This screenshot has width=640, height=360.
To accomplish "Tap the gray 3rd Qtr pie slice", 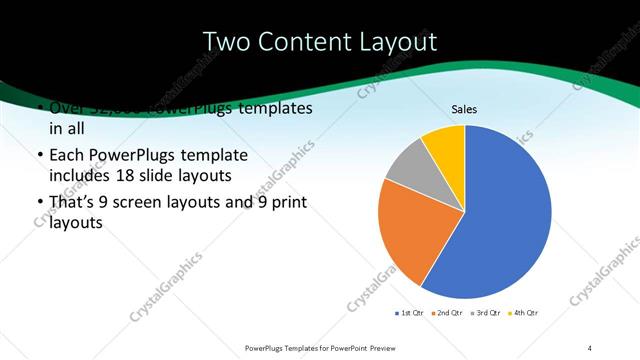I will pos(408,165).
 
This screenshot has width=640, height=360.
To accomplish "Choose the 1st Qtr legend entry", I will pos(410,313).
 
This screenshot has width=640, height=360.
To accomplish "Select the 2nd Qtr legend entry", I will pos(447,313).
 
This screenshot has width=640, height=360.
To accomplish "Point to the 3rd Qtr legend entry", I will pos(485,313).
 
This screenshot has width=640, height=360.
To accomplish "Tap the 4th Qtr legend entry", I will pos(523,313).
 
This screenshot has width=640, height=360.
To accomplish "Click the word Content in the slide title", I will pos(307,42).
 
